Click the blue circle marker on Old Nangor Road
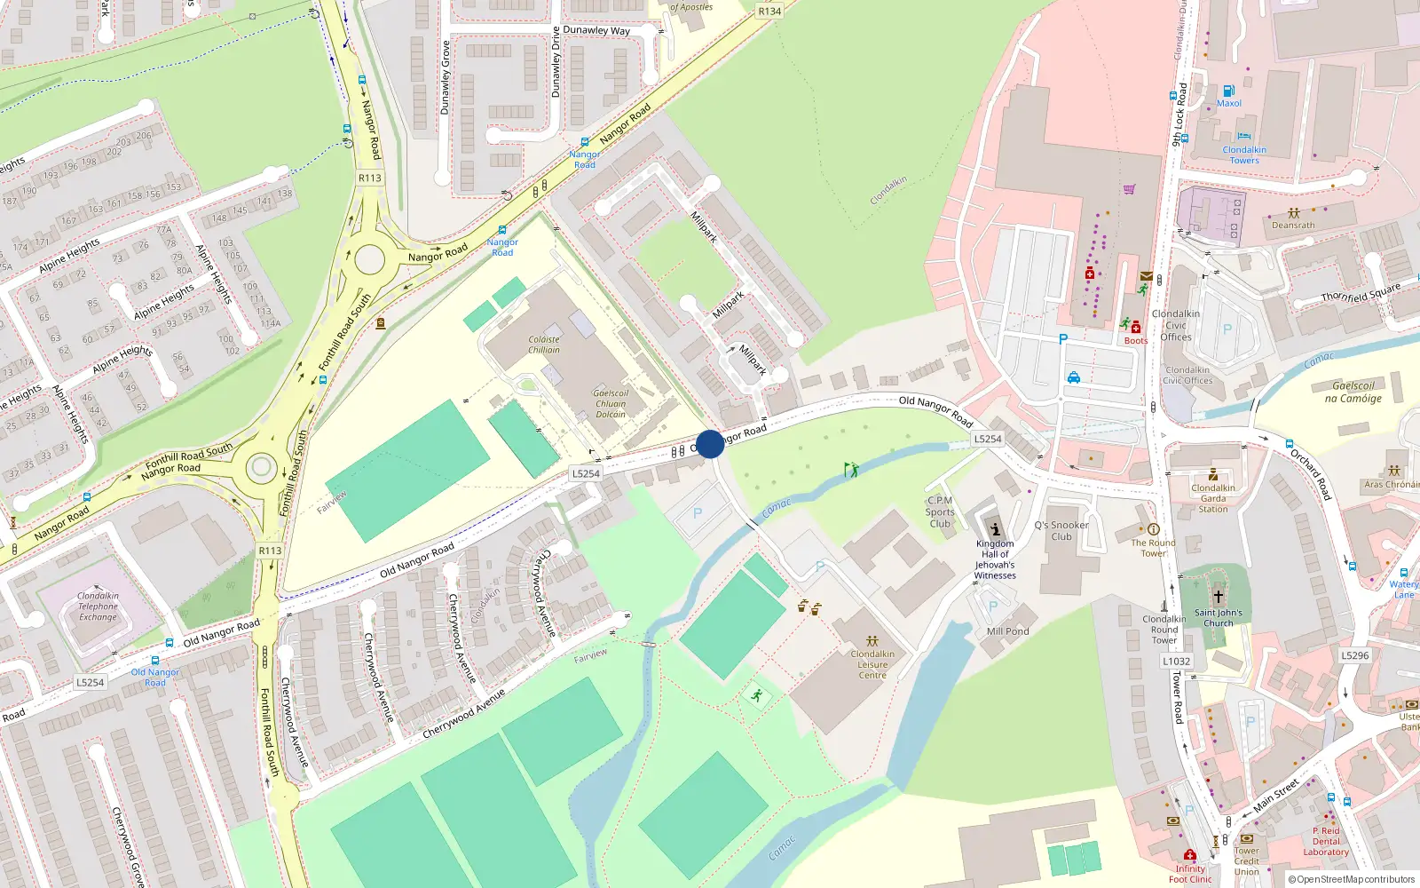[x=710, y=444]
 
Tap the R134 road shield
[x=769, y=12]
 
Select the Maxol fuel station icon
[x=1229, y=91]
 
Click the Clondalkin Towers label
[x=1244, y=155]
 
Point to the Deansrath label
[x=1293, y=226]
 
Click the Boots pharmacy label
[x=1136, y=341]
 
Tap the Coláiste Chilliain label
[x=544, y=345]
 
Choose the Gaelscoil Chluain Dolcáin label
[x=611, y=404]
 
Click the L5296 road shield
[x=1354, y=655]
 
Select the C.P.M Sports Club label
[x=939, y=511]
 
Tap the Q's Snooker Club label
[x=1061, y=531]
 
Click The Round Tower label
[x=1153, y=548]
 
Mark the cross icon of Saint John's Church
[x=1219, y=597]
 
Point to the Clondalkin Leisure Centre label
[x=872, y=664]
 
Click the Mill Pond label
[x=1008, y=631]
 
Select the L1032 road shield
[x=1177, y=661]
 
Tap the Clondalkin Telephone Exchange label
[x=98, y=607]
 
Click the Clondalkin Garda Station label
[x=1213, y=498]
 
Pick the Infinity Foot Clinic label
[x=1190, y=874]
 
